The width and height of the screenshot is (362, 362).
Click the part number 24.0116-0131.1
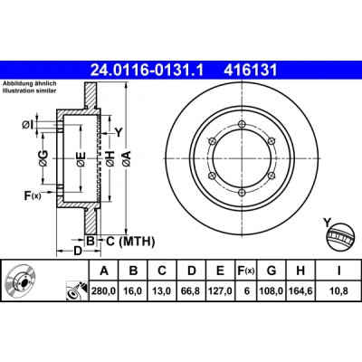(x=148, y=71)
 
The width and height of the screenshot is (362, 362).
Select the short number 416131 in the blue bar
(x=250, y=71)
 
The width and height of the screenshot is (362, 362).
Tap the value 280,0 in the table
(x=104, y=291)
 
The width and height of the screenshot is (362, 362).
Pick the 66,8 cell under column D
(x=192, y=291)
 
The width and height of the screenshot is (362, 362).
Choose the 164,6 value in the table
(x=300, y=291)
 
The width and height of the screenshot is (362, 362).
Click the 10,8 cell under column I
(x=339, y=291)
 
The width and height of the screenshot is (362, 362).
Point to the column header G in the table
(x=271, y=271)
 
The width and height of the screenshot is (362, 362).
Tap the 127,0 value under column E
(x=221, y=291)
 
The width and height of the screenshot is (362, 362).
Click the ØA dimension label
(x=127, y=158)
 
